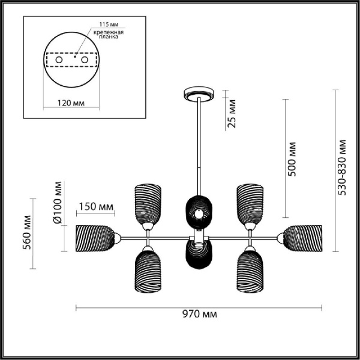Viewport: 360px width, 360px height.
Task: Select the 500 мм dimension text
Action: [293, 160]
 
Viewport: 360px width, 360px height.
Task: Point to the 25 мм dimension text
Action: [234, 115]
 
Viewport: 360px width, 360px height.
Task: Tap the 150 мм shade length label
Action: [96, 207]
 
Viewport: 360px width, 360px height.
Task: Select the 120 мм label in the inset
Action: [71, 103]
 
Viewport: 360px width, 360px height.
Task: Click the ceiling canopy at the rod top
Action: [198, 94]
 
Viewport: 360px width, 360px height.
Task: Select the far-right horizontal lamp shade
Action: [303, 238]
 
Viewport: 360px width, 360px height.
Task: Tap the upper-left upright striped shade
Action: [147, 202]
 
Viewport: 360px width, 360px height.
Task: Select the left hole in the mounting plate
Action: [58, 61]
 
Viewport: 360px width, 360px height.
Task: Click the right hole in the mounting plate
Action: [85, 61]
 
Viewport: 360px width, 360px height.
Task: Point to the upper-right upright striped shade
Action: [250, 202]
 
